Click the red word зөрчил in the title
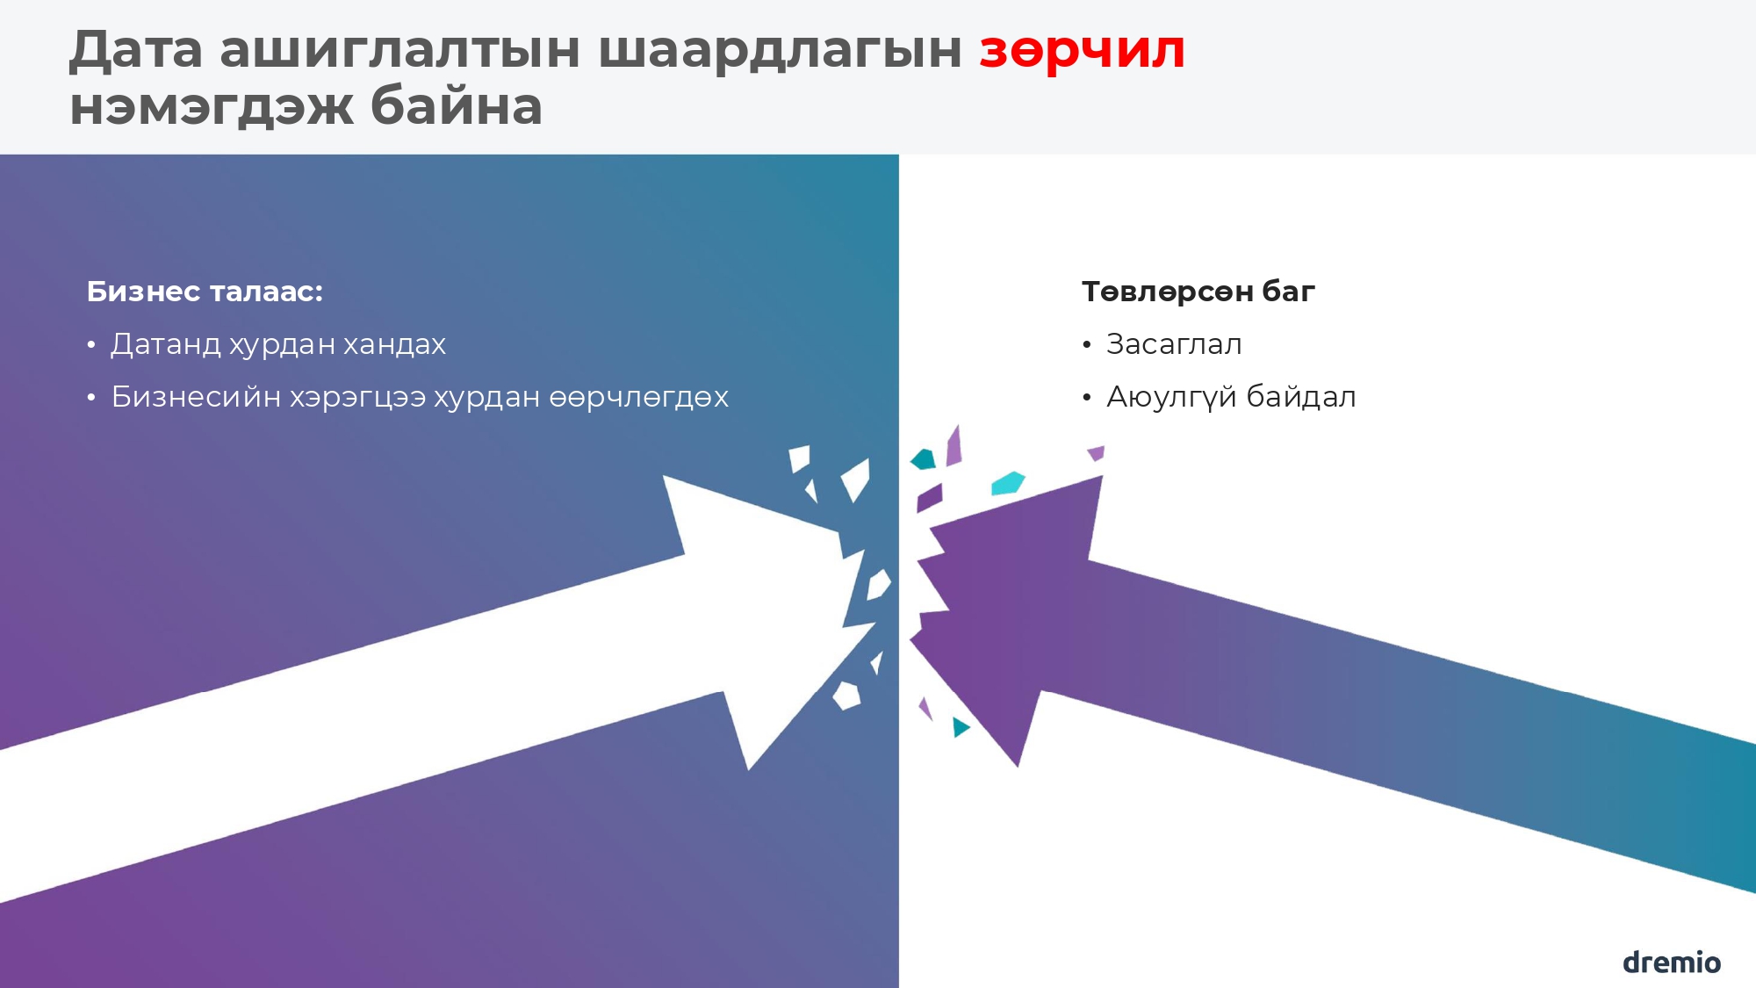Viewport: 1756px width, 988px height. (1082, 50)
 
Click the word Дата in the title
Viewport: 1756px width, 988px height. (136, 50)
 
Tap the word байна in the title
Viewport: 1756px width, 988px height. (456, 107)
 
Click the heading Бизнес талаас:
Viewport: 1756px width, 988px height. (205, 292)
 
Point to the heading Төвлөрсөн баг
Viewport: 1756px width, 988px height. (1198, 292)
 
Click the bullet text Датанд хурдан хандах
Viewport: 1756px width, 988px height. (278, 344)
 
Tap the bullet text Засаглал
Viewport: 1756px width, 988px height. (1174, 344)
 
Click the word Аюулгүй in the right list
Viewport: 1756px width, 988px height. (1171, 397)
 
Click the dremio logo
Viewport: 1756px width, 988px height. (1671, 962)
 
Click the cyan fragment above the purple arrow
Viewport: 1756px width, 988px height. (1007, 483)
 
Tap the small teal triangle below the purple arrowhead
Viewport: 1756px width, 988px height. (961, 726)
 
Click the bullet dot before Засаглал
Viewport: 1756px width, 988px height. (1087, 345)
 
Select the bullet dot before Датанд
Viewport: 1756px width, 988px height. (91, 345)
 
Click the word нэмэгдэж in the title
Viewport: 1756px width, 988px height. (211, 107)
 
